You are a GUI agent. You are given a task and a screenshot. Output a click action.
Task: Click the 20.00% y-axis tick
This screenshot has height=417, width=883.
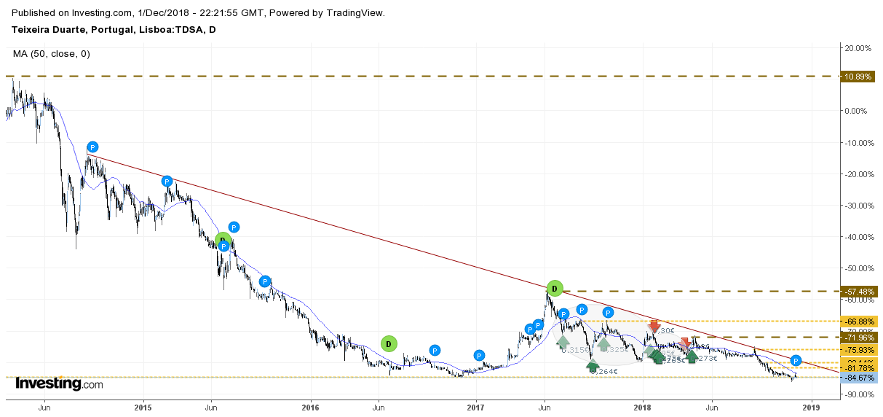pyautogui.click(x=857, y=48)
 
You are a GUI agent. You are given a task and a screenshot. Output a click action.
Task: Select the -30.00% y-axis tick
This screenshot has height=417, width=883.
pyautogui.click(x=858, y=206)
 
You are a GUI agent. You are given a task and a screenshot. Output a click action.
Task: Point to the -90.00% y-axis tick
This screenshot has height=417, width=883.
pyautogui.click(x=858, y=394)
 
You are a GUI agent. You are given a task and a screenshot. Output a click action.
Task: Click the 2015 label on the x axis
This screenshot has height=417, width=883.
pyautogui.click(x=143, y=407)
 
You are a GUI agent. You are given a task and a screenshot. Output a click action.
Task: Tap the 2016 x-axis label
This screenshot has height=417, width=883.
pyautogui.click(x=311, y=407)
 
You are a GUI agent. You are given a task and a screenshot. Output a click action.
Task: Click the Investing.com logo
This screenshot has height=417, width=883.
pyautogui.click(x=59, y=384)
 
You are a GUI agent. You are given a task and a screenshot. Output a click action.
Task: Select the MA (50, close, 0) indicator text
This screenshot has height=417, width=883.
pyautogui.click(x=52, y=54)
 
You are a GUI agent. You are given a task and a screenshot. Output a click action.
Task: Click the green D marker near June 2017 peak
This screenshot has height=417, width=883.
pyautogui.click(x=555, y=289)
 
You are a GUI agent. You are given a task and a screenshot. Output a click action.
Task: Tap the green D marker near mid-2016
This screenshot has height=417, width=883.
pyautogui.click(x=389, y=343)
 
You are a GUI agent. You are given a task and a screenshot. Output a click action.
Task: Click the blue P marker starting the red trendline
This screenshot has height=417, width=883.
pyautogui.click(x=92, y=147)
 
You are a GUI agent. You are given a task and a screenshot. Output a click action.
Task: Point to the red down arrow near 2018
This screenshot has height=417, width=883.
pyautogui.click(x=654, y=326)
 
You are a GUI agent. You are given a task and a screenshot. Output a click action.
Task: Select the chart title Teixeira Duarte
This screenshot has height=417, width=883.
pyautogui.click(x=114, y=30)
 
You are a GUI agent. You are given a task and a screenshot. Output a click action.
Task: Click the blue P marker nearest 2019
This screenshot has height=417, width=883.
pyautogui.click(x=796, y=361)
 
